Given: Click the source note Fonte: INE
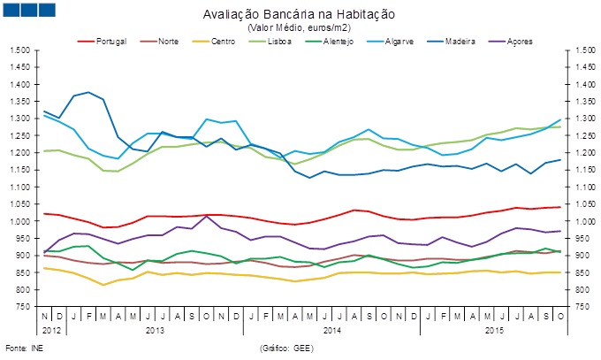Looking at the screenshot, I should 23,350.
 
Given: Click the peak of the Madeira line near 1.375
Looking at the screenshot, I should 87,92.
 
